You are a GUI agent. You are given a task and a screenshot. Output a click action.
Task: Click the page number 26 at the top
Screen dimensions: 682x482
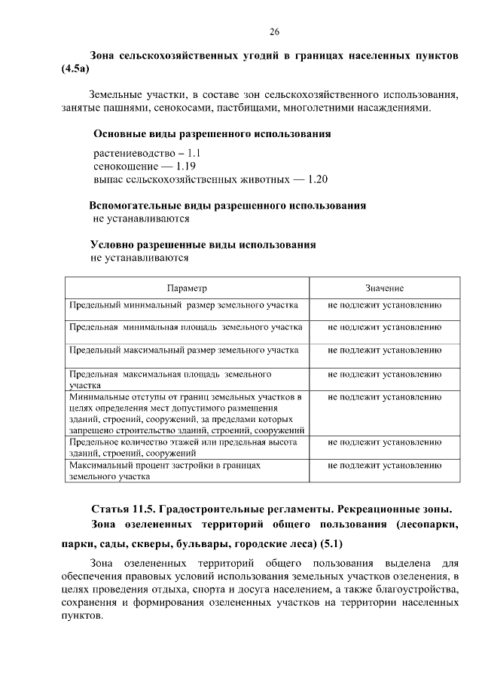point(275,32)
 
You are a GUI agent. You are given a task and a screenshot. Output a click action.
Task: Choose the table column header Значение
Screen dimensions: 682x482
point(384,289)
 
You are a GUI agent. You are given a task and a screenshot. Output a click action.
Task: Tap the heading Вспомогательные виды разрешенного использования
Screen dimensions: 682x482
point(227,205)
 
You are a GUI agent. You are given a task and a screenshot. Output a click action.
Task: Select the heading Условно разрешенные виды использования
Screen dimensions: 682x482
point(203,244)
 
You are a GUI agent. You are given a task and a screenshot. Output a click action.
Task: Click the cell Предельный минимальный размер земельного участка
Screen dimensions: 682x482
point(184,305)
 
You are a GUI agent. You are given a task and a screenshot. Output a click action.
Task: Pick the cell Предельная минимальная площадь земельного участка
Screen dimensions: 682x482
point(185,328)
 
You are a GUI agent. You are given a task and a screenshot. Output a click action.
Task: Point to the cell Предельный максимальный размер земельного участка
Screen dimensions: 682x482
point(184,350)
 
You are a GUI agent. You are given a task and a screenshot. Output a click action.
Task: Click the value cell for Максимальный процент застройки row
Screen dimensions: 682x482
point(384,466)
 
